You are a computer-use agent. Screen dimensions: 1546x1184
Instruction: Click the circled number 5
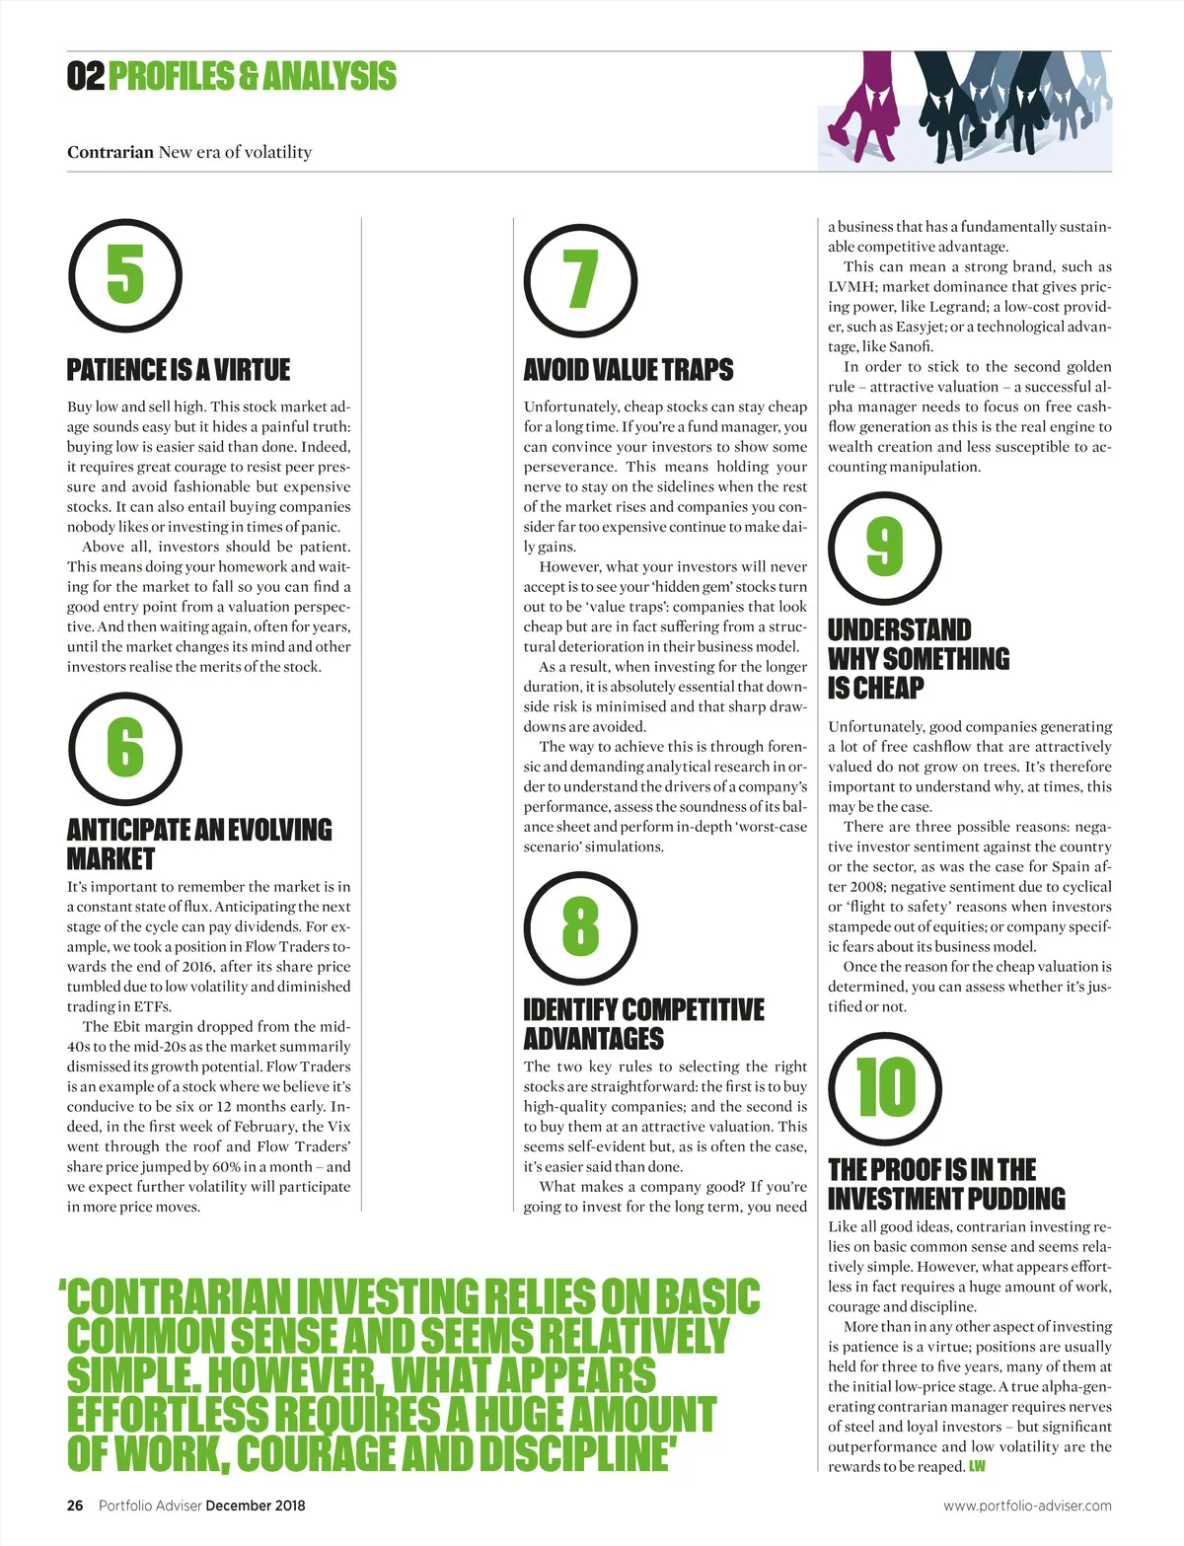pyautogui.click(x=125, y=275)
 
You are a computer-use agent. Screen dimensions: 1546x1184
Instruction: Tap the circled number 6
pyautogui.click(x=125, y=748)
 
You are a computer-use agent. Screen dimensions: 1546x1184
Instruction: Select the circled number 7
pyautogui.click(x=580, y=280)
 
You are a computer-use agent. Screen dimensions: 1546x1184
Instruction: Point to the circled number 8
pyautogui.click(x=580, y=927)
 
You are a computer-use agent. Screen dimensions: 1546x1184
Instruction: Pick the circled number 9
pyautogui.click(x=885, y=549)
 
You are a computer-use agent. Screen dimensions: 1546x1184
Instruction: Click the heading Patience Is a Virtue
pyautogui.click(x=179, y=370)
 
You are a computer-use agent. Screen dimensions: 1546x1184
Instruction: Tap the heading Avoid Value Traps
pyautogui.click(x=629, y=370)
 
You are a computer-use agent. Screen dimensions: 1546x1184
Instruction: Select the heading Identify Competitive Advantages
pyautogui.click(x=643, y=1024)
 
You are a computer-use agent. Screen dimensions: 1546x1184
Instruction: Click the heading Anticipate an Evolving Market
pyautogui.click(x=199, y=844)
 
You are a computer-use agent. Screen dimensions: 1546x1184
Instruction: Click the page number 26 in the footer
pyautogui.click(x=75, y=1506)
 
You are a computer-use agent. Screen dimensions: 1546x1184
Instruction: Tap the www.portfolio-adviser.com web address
pyautogui.click(x=1027, y=1506)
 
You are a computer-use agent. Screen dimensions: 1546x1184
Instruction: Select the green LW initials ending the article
pyautogui.click(x=977, y=1467)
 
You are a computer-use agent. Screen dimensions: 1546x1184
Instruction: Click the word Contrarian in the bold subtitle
pyautogui.click(x=111, y=152)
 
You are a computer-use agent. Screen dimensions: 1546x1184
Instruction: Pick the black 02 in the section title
pyautogui.click(x=86, y=76)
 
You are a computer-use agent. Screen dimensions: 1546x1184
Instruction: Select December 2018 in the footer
pyautogui.click(x=256, y=1506)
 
